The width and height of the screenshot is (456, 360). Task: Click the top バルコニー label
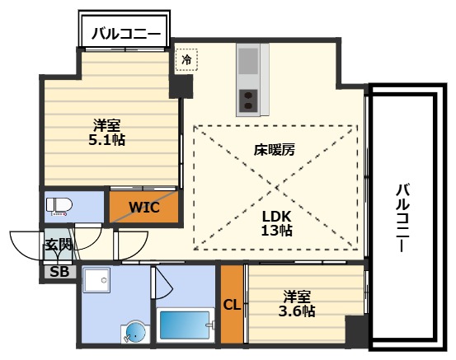(125, 35)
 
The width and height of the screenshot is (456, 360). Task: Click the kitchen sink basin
(247, 62)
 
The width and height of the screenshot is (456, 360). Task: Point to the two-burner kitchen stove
(247, 101)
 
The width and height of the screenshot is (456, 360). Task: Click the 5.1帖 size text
(107, 140)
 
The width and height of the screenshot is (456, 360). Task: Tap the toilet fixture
(60, 205)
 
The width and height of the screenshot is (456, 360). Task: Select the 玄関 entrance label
(57, 245)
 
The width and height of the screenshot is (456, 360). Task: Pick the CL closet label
(231, 305)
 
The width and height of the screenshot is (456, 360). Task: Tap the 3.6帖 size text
(298, 311)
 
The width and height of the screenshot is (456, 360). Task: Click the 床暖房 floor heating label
(275, 152)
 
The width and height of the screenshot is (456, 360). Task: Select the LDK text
(275, 215)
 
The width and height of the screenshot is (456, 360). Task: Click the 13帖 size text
(276, 231)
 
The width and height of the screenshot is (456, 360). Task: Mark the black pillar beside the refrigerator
(182, 85)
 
